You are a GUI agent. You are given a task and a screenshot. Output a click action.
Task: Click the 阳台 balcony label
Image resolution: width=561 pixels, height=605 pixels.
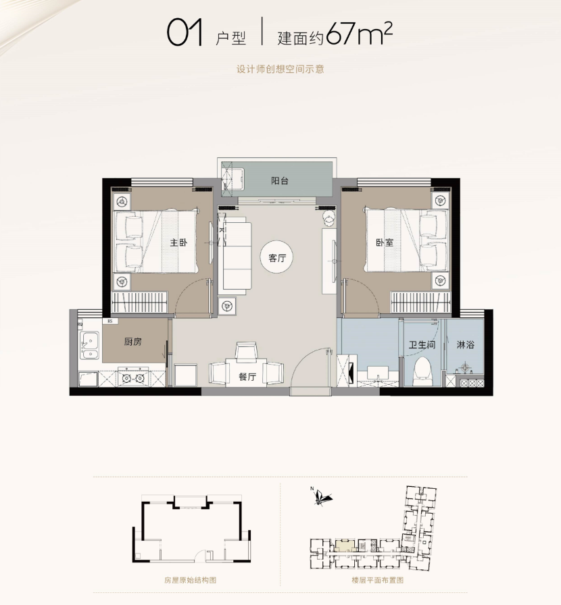[279, 180]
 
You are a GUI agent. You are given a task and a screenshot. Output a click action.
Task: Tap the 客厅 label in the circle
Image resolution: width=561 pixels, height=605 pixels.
[277, 258]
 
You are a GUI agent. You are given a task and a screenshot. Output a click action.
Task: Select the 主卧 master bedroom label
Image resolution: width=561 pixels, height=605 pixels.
[179, 242]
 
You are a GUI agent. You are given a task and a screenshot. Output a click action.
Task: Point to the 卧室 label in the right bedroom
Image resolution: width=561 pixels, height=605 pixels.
[385, 242]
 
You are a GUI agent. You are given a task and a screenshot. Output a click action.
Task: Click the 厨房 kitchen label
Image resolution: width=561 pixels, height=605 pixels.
[133, 342]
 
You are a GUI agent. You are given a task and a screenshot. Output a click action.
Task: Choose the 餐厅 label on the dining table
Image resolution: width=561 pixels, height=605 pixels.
[247, 377]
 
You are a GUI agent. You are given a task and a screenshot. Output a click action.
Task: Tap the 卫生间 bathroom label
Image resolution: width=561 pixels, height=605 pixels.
[422, 344]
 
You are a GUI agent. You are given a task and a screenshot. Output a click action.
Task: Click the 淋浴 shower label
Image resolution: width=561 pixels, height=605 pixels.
[465, 344]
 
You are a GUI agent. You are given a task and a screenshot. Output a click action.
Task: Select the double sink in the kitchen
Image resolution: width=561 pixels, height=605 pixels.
[90, 345]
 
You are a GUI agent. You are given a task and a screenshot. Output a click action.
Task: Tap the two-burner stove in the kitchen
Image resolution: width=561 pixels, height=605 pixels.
[133, 377]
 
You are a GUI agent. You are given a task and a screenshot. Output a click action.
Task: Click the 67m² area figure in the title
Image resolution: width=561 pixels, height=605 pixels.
[360, 34]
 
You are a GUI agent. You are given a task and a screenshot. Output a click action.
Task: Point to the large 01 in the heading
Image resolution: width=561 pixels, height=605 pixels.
[185, 33]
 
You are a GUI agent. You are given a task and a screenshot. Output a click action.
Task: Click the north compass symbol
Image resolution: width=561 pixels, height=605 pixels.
[320, 496]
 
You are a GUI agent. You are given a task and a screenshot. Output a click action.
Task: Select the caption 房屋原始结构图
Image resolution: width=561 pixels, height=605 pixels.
[190, 580]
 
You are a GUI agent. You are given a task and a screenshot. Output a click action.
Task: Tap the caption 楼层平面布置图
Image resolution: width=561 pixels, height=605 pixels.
[377, 580]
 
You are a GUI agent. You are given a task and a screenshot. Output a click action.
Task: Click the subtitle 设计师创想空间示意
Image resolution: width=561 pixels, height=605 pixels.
[280, 69]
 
